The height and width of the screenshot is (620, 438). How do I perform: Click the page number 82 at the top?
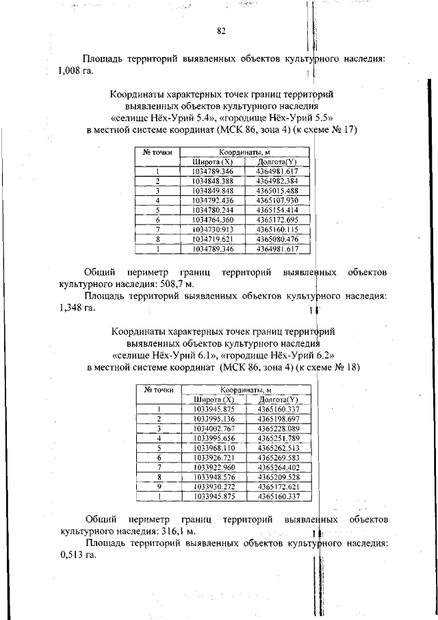tap(221, 31)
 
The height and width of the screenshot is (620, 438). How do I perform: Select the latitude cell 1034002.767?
tap(214, 428)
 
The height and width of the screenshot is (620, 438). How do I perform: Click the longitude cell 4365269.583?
tap(279, 457)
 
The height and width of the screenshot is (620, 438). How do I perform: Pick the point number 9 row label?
tap(158, 486)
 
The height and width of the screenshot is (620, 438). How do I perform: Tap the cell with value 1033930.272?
tap(214, 486)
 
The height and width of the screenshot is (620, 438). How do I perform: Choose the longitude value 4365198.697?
tap(279, 419)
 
